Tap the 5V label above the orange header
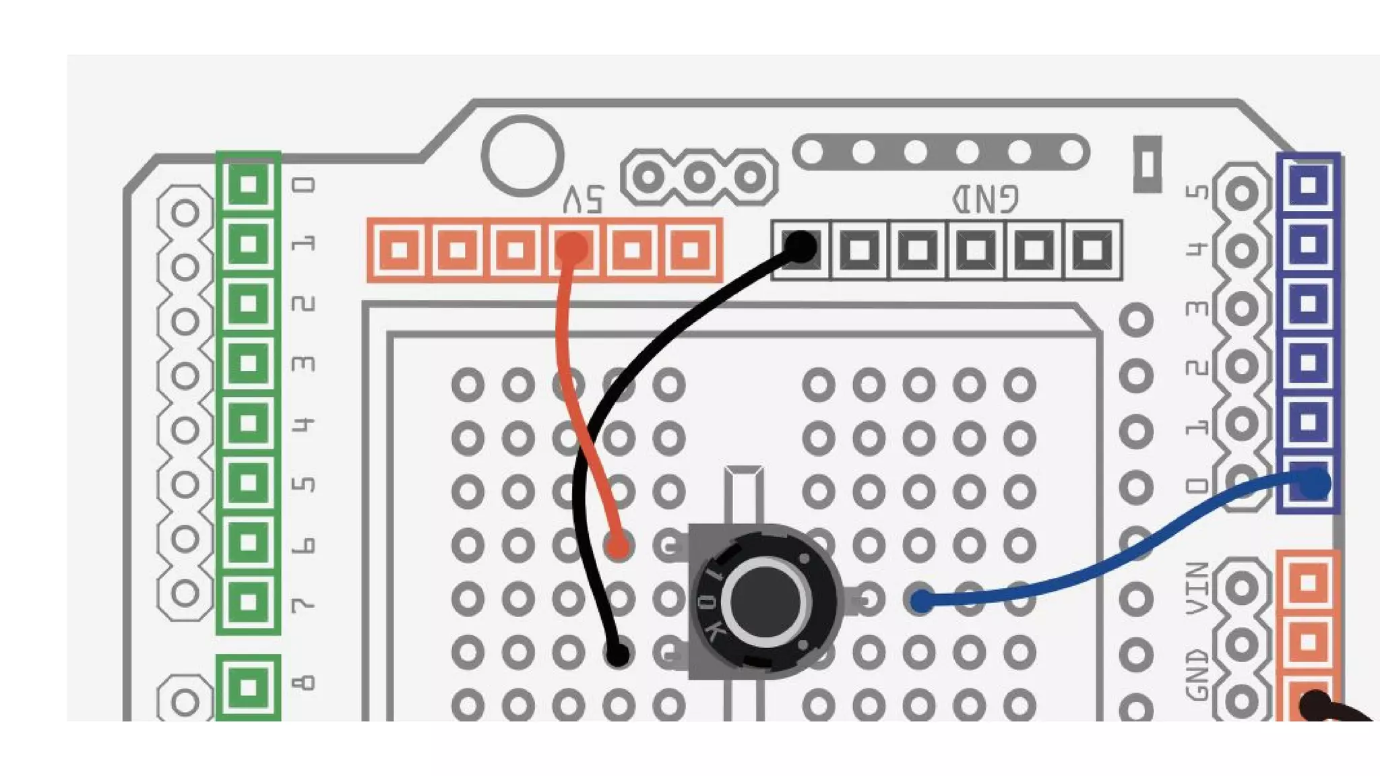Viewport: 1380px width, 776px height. click(584, 199)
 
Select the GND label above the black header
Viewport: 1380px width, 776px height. click(985, 199)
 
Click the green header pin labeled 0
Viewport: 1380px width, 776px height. click(248, 184)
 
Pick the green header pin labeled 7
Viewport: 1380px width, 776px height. click(248, 602)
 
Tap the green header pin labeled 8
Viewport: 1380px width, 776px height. click(248, 687)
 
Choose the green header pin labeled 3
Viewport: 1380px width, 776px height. click(248, 363)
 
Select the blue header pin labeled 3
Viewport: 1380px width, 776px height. click(1308, 303)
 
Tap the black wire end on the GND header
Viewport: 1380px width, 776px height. click(801, 247)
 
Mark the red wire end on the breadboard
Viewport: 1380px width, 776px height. click(618, 545)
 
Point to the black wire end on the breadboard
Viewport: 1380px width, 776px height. click(617, 653)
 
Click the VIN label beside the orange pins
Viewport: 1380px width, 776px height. click(1197, 588)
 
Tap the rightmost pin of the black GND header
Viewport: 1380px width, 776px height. click(1092, 250)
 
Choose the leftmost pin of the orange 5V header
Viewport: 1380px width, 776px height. click(399, 250)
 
